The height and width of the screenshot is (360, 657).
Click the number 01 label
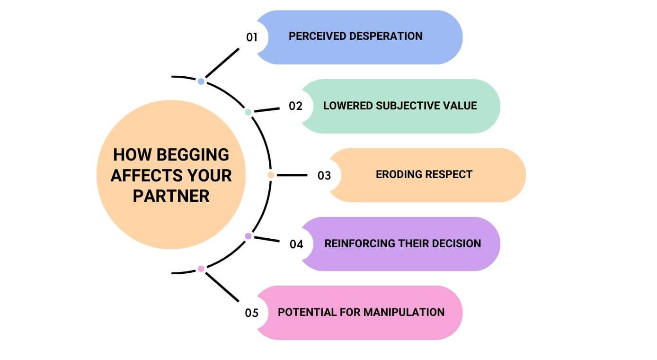(252, 36)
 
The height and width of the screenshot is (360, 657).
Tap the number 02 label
(295, 106)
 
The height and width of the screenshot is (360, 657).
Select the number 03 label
(324, 175)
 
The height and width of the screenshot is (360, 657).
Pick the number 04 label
(296, 244)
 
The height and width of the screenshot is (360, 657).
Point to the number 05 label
(252, 313)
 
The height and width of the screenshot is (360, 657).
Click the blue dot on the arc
(201, 81)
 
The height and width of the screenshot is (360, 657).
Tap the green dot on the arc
(248, 112)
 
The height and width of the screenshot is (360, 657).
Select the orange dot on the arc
(271, 175)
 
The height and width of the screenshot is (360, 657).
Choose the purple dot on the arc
(248, 236)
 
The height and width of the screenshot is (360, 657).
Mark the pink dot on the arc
(201, 269)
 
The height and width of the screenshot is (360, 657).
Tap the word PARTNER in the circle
(171, 196)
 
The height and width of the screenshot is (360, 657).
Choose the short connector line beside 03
(292, 175)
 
